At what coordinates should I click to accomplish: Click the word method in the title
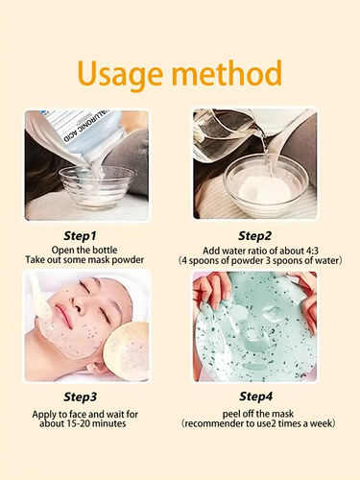pos(228,74)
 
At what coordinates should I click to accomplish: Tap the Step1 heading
pos(93,234)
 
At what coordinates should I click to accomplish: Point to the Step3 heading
pos(93,395)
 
